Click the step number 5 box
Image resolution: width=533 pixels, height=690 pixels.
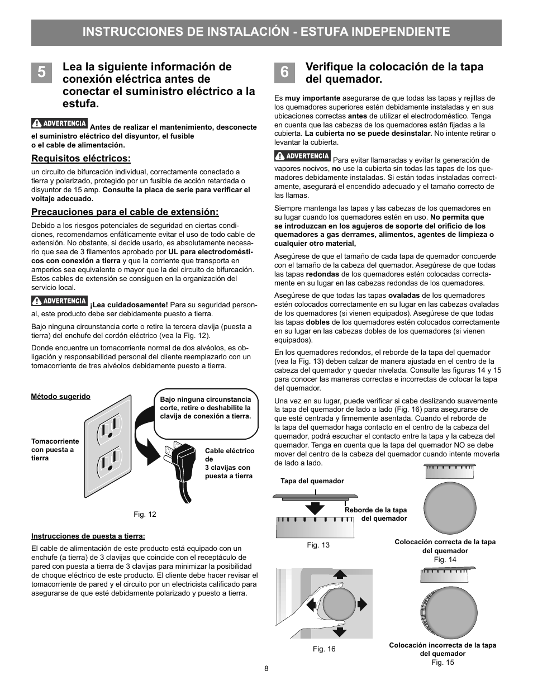pyautogui.click(x=42, y=72)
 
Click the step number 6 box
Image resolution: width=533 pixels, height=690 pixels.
pyautogui.click(x=284, y=72)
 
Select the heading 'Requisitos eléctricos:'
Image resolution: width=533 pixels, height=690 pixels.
pyautogui.click(x=81, y=159)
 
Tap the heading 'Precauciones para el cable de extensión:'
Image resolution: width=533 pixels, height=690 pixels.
pyautogui.click(x=125, y=212)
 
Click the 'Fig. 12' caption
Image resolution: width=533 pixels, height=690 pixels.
pyautogui.click(x=145, y=514)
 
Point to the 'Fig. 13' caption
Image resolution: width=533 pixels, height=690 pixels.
pyautogui.click(x=318, y=545)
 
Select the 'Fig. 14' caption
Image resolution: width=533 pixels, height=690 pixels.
pyautogui.click(x=445, y=559)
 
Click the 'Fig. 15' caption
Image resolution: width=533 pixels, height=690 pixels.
pyautogui.click(x=442, y=662)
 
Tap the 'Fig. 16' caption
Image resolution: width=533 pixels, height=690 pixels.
pyautogui.click(x=324, y=649)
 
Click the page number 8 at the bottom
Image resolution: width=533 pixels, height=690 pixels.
pyautogui.click(x=266, y=669)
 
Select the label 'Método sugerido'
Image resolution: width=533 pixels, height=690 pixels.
pyautogui.click(x=60, y=397)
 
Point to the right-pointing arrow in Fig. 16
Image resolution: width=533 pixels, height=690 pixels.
pyautogui.click(x=361, y=603)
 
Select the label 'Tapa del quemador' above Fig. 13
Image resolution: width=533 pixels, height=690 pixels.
pyautogui.click(x=312, y=481)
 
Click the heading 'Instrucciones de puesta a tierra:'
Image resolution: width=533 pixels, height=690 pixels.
pyautogui.click(x=88, y=536)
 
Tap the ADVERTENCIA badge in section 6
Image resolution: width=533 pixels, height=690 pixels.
pyautogui.click(x=302, y=156)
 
